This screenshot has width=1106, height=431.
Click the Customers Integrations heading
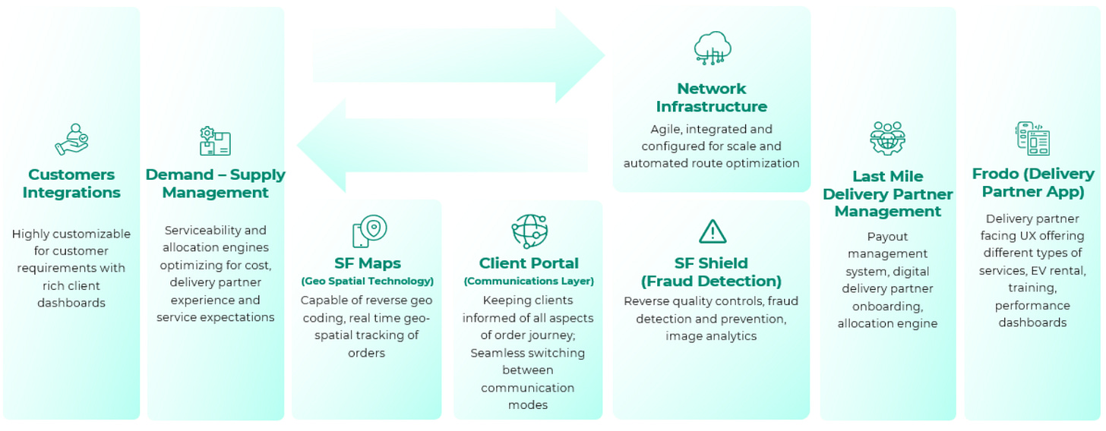(71, 184)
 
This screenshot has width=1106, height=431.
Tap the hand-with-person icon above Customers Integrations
(71, 140)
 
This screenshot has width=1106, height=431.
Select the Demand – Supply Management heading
(215, 184)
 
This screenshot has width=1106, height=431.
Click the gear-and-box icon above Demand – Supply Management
(215, 141)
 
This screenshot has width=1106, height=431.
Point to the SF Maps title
(367, 263)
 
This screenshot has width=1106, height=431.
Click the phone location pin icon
(369, 231)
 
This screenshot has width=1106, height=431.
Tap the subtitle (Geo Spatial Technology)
(367, 281)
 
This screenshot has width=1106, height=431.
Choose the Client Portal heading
(529, 263)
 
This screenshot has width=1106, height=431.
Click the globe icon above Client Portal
(529, 231)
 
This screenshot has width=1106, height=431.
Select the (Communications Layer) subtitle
(529, 281)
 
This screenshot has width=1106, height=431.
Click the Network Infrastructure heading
(712, 98)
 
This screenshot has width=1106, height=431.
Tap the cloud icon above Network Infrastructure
(713, 48)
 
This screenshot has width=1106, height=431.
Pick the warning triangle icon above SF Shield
(713, 231)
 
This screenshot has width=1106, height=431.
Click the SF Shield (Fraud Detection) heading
(712, 272)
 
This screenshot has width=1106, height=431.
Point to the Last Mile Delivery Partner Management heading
(887, 193)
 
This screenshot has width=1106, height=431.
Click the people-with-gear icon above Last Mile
(887, 138)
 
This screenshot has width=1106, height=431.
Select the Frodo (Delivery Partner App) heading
(1033, 183)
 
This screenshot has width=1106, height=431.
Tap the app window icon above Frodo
(1033, 138)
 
